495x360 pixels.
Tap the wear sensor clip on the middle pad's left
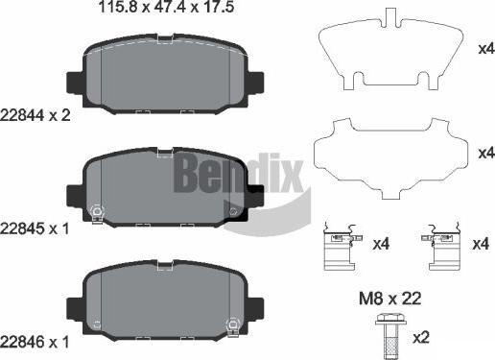[x=96, y=213]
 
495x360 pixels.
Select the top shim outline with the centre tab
[x=389, y=53]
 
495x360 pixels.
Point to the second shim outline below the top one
[x=389, y=154]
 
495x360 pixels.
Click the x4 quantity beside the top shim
[x=484, y=48]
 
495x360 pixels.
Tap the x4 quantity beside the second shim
[x=484, y=152]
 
